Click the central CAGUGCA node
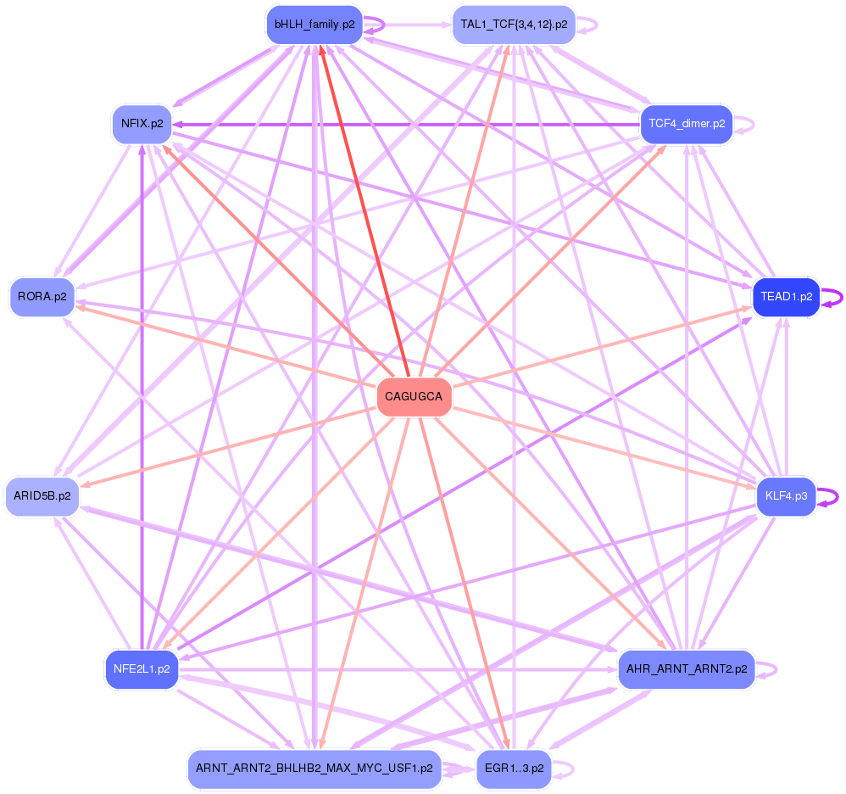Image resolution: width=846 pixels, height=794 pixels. (414, 397)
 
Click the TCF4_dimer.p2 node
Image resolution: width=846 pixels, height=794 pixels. (686, 124)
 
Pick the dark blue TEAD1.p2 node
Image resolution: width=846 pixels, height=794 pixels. (786, 297)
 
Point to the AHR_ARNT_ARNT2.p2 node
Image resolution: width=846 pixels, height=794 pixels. (686, 669)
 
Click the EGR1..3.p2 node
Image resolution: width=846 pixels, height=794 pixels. (514, 769)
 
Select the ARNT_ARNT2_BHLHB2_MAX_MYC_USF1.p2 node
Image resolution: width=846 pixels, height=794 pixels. (314, 769)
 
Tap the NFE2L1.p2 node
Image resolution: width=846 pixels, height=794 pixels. (142, 669)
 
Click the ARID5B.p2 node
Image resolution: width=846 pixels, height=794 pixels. (42, 495)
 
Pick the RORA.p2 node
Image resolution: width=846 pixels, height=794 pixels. (42, 297)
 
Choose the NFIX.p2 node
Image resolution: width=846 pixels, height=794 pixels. (142, 124)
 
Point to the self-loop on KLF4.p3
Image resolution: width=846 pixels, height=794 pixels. (836, 496)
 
